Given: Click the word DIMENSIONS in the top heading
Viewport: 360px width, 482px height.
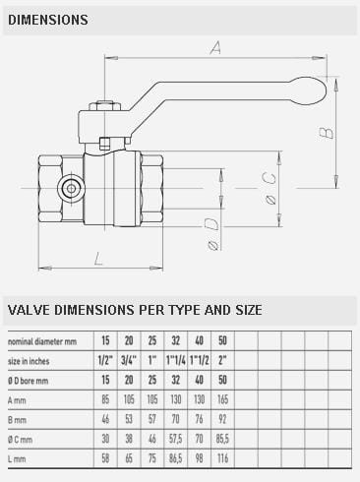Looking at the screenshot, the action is pos(48,20).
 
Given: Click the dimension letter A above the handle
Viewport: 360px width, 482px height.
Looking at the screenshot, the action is pos(215,48).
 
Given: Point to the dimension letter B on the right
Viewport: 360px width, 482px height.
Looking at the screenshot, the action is pos(327,133).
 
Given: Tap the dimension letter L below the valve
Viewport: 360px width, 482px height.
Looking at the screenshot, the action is pos(98,259).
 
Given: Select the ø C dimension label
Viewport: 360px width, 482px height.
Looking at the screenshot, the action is pos(270,188).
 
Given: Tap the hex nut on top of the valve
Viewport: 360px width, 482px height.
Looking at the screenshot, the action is pos(105,106).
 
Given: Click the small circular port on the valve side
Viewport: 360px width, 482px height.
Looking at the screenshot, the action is pos(71,188).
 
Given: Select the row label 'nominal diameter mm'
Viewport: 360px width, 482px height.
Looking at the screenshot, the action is pos(42,341).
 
